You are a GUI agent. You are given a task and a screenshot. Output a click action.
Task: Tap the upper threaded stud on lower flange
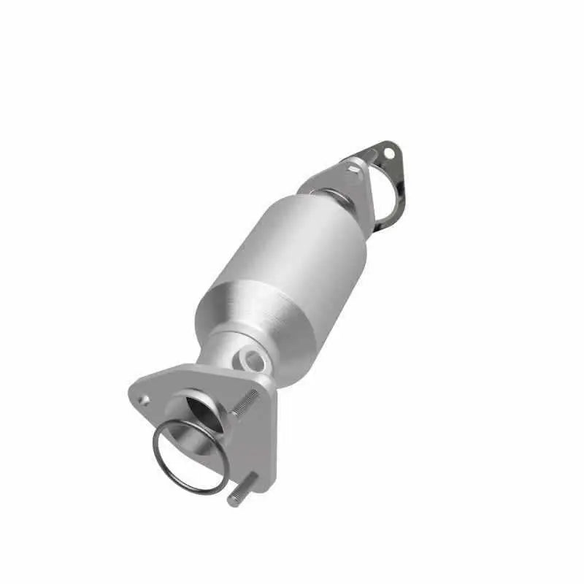coord(247,403)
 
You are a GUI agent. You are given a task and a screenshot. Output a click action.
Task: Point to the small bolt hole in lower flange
coord(145,400)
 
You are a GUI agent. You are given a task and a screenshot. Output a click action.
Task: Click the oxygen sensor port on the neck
coord(253,358)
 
